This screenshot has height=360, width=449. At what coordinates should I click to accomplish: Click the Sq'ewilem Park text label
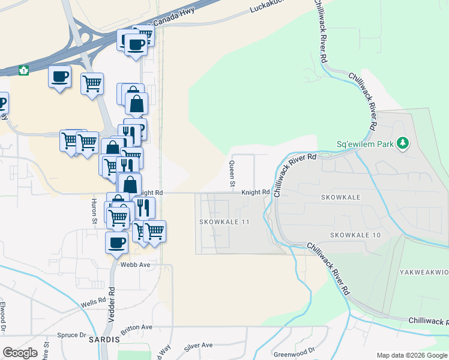click(x=364, y=144)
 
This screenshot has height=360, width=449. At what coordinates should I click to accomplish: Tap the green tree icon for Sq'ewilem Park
click(x=403, y=143)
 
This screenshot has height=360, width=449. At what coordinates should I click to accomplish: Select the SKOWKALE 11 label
click(x=224, y=222)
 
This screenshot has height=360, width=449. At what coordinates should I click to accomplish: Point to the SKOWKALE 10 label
click(x=355, y=235)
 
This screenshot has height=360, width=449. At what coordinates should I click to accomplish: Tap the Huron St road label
click(x=95, y=212)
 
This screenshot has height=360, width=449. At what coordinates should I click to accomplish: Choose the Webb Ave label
click(x=134, y=264)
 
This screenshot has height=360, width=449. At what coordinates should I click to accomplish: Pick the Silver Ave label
click(x=199, y=346)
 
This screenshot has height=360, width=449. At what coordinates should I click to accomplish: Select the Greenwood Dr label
click(x=294, y=352)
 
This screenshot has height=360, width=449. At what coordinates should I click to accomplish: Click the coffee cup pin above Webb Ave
click(x=116, y=242)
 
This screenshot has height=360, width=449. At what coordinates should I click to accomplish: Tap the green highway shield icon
click(x=23, y=70)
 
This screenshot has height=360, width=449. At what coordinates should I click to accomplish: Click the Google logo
click(x=20, y=353)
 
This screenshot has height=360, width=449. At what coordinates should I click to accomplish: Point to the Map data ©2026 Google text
click(x=411, y=355)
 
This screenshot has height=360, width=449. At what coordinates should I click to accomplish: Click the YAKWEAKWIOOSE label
click(x=424, y=272)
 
